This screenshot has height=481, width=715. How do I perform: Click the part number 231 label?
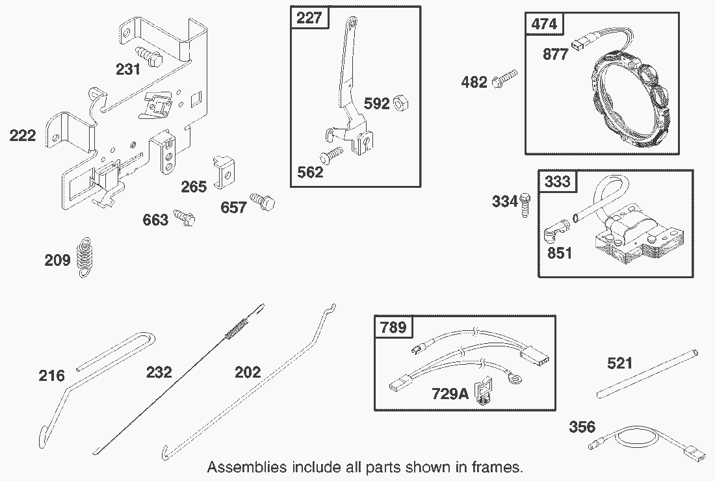(128, 69)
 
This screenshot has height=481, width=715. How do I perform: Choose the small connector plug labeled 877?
(578, 45)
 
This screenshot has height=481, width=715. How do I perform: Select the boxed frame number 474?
(544, 24)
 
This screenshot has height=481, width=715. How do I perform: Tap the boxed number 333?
(557, 181)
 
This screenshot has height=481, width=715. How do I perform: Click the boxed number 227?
(309, 18)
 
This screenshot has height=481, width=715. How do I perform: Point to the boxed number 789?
(393, 327)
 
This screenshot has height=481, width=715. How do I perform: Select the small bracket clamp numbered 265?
(223, 170)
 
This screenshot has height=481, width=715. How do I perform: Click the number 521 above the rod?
(619, 363)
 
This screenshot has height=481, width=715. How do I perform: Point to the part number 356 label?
(582, 427)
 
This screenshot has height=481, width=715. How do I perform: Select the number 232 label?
(159, 372)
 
